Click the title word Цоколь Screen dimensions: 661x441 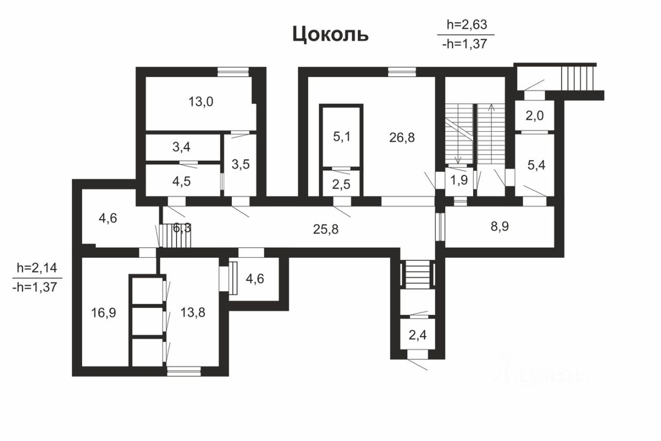click(x=330, y=34)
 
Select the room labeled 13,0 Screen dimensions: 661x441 click(x=201, y=101)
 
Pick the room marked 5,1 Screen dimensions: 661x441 click(x=341, y=137)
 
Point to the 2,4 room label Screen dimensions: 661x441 click(x=417, y=336)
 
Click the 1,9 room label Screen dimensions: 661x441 click(x=456, y=181)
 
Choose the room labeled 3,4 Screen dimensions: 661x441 click(x=181, y=148)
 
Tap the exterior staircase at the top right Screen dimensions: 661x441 click(x=578, y=77)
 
